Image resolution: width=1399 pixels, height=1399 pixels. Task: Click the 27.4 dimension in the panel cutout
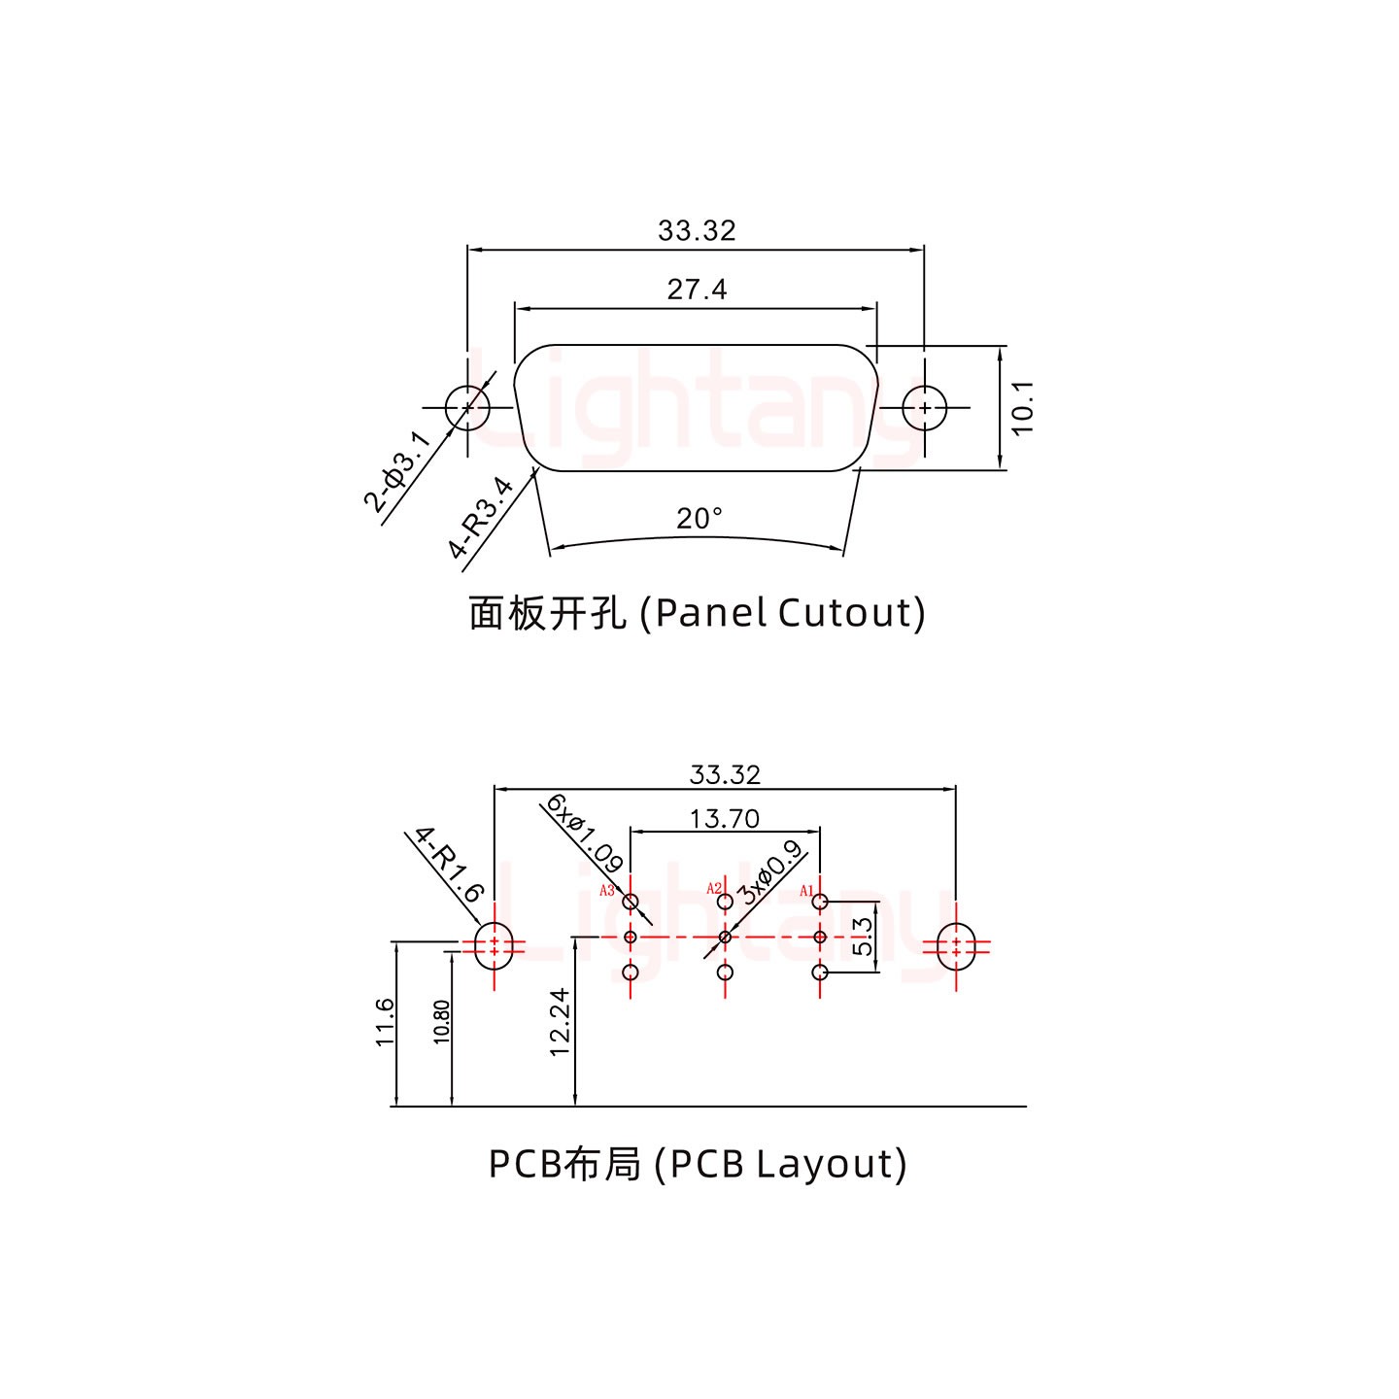pos(697,289)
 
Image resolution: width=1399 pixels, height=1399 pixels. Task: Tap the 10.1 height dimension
pos(1023,407)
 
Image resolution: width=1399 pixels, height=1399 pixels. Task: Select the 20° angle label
pos(699,519)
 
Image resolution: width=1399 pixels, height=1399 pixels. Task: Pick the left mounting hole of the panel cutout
pos(467,407)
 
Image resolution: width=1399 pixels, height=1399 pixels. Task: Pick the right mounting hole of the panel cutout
pos(924,407)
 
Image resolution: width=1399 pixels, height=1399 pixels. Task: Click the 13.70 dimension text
pos(724,818)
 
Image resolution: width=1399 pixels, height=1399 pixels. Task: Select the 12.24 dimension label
pos(559,1023)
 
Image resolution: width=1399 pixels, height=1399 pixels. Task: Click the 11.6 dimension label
pos(385,1022)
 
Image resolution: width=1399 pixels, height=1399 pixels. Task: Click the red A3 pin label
pos(606,890)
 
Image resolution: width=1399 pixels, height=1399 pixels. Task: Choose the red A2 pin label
pos(714,888)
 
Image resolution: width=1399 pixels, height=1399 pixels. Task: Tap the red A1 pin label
pos(806,890)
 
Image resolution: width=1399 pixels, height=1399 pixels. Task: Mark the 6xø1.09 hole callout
pos(584,833)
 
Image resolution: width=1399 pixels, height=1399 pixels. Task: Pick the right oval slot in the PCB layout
pos(956,947)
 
